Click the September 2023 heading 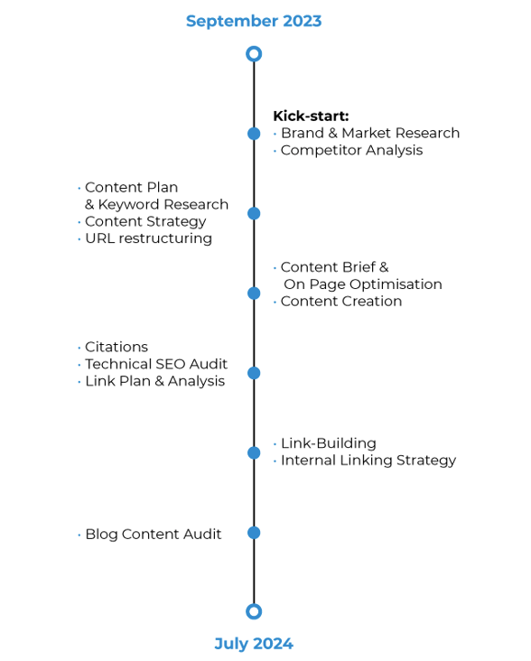[254, 21]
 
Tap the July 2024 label [254, 644]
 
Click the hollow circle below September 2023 [254, 54]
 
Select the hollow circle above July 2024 [254, 611]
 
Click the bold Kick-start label [311, 116]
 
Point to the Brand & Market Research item [369, 133]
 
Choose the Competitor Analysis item [351, 150]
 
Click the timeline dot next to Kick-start [254, 134]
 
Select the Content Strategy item [145, 221]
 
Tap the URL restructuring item [148, 238]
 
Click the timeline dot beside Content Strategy [254, 213]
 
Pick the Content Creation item [341, 301]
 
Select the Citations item [116, 347]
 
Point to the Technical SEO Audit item [155, 364]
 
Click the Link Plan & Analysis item [154, 381]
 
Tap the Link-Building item [328, 443]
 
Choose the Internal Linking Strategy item [368, 461]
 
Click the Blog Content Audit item [153, 534]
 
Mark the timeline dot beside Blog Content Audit [254, 533]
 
